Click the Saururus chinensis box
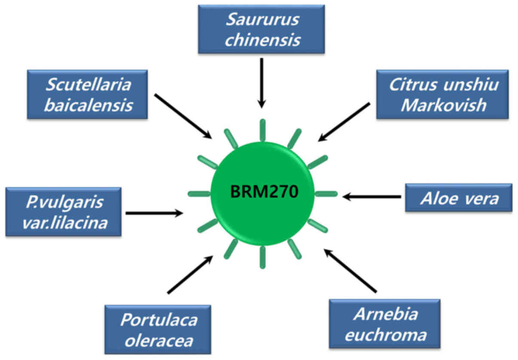(x=261, y=29)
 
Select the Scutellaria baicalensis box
(x=87, y=94)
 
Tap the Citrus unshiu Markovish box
(x=442, y=94)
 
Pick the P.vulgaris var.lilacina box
(x=63, y=211)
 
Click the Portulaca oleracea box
(x=158, y=329)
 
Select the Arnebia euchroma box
(x=384, y=323)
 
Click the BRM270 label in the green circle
(x=264, y=191)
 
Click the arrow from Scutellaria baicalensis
(x=183, y=116)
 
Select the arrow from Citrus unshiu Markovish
(x=344, y=122)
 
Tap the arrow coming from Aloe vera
(x=372, y=197)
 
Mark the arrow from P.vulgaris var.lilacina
(x=154, y=212)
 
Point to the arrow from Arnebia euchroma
(x=350, y=271)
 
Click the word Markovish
(x=443, y=105)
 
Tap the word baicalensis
(x=88, y=105)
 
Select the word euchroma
(x=385, y=334)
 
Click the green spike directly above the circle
(x=262, y=130)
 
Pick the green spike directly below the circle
(x=262, y=257)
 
